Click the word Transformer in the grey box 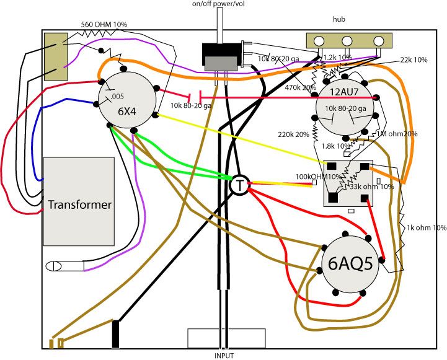pyautogui.click(x=79, y=204)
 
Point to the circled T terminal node pyautogui.click(x=239, y=185)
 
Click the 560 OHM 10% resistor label pyautogui.click(x=104, y=24)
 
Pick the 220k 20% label pyautogui.click(x=294, y=134)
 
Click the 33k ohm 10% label pyautogui.click(x=372, y=187)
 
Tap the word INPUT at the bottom pyautogui.click(x=224, y=356)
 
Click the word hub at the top pyautogui.click(x=339, y=20)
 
